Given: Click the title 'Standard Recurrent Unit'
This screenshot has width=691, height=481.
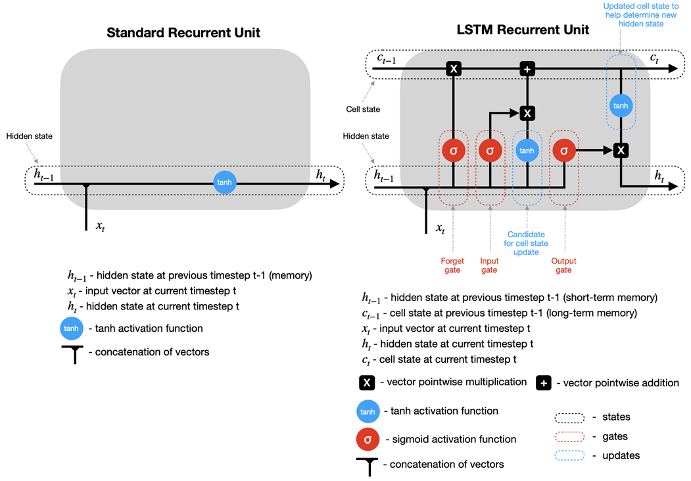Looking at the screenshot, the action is click(183, 33).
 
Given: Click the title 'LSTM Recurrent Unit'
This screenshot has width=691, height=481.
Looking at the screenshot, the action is click(523, 30).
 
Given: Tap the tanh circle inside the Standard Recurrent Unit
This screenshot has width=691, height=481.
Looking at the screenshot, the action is click(225, 183).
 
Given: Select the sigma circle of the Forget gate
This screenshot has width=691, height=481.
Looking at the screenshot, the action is click(454, 150).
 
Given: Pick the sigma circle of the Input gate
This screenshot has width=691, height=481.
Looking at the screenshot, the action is click(490, 150).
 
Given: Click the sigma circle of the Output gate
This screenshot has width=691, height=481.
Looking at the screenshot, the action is click(564, 150).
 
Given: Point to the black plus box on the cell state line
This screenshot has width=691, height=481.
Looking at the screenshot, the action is click(527, 69).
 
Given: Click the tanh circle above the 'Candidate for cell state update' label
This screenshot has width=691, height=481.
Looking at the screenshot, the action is click(527, 150).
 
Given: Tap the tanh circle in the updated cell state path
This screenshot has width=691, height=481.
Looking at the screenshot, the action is click(621, 106).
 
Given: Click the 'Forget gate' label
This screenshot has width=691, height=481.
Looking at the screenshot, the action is click(452, 265).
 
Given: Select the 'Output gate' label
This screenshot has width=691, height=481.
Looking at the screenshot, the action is click(563, 265).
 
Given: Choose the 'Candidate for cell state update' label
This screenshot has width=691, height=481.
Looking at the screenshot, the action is click(526, 243).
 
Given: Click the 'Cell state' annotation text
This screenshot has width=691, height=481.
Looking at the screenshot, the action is click(363, 109).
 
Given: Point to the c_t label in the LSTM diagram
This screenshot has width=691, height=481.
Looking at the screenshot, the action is click(654, 58).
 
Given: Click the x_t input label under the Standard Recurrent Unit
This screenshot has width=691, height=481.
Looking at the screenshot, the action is click(101, 227).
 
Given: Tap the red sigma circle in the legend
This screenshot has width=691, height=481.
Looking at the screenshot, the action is click(368, 439).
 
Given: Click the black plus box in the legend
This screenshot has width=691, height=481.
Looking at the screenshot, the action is click(544, 383).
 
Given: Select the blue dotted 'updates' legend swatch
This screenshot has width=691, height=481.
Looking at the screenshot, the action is click(569, 455).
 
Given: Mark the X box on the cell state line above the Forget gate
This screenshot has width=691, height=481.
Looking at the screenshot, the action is click(454, 69).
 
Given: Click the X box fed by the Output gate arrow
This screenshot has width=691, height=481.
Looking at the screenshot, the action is click(621, 150).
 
